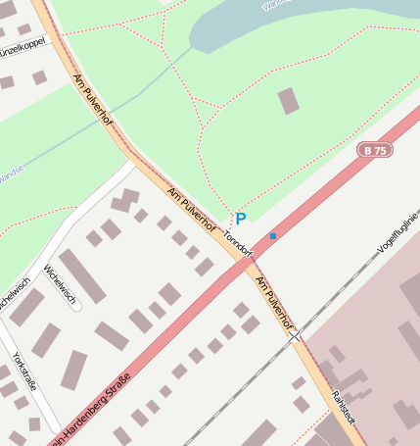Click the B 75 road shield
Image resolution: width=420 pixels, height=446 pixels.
click(x=375, y=150)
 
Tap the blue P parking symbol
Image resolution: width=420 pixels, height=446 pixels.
click(x=240, y=219)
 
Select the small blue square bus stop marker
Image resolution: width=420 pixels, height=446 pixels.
click(x=273, y=235)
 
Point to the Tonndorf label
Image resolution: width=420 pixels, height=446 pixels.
click(x=238, y=244)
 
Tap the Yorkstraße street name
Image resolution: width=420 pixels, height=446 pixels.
click(x=24, y=372)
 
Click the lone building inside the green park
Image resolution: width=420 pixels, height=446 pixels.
click(x=289, y=100)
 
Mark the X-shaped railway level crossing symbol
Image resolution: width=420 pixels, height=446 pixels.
click(x=295, y=336)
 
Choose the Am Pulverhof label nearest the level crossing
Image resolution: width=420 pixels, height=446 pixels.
click(x=273, y=302)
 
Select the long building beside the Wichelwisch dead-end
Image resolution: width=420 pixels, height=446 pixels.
click(x=82, y=275)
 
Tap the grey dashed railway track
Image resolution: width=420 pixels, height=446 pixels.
click(x=235, y=392)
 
